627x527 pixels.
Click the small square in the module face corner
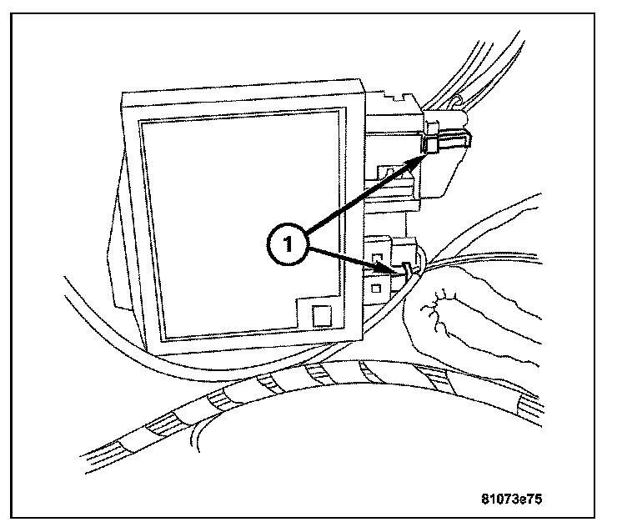pos(320,316)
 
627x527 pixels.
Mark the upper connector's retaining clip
pos(433,147)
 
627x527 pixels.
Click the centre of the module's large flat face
pos(239,225)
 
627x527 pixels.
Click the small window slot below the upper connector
pos(389,172)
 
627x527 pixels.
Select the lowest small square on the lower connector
pos(377,289)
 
